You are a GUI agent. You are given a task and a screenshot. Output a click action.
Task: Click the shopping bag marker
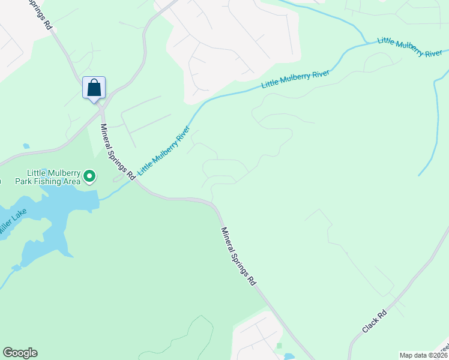tap(94, 88)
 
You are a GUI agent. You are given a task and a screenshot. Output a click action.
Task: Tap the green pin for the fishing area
tap(89, 176)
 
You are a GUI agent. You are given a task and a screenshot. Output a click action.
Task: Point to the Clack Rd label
tap(375, 322)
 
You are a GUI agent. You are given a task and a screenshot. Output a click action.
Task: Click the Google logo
tap(20, 353)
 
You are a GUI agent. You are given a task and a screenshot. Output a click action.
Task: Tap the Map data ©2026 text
tap(423, 355)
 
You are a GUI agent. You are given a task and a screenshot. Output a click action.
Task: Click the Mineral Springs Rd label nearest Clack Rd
tap(238, 256)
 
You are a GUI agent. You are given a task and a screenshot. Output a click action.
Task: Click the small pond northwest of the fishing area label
tap(26, 146)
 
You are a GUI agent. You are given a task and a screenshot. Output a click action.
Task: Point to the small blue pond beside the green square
tap(289, 356)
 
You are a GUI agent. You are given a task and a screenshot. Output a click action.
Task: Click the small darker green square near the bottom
tap(279, 346)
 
